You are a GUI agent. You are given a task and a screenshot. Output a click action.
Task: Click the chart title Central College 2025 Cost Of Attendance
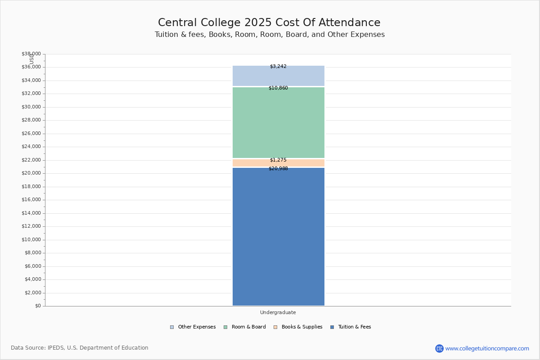(269, 23)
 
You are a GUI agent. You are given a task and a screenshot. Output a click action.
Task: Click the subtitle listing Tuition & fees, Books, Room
(270, 35)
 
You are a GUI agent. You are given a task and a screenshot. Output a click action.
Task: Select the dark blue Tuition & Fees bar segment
(278, 237)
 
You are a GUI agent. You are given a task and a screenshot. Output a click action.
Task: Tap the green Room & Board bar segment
(278, 122)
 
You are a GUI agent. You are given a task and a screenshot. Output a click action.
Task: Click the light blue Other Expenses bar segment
(278, 76)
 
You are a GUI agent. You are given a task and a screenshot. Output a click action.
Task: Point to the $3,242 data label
(278, 67)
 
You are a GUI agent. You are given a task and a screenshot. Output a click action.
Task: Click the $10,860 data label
(278, 88)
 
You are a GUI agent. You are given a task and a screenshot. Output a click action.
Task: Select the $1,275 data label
(278, 160)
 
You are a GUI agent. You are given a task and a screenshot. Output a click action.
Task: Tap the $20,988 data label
(278, 169)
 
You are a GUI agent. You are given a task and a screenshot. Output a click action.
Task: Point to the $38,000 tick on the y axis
(31, 54)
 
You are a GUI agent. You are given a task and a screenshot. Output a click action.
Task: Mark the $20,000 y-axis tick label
(31, 173)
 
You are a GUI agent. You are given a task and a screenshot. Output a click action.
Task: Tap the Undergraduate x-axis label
(278, 313)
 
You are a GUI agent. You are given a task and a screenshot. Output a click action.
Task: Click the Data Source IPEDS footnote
(80, 348)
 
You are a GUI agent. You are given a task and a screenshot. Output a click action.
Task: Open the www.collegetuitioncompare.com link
(487, 349)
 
